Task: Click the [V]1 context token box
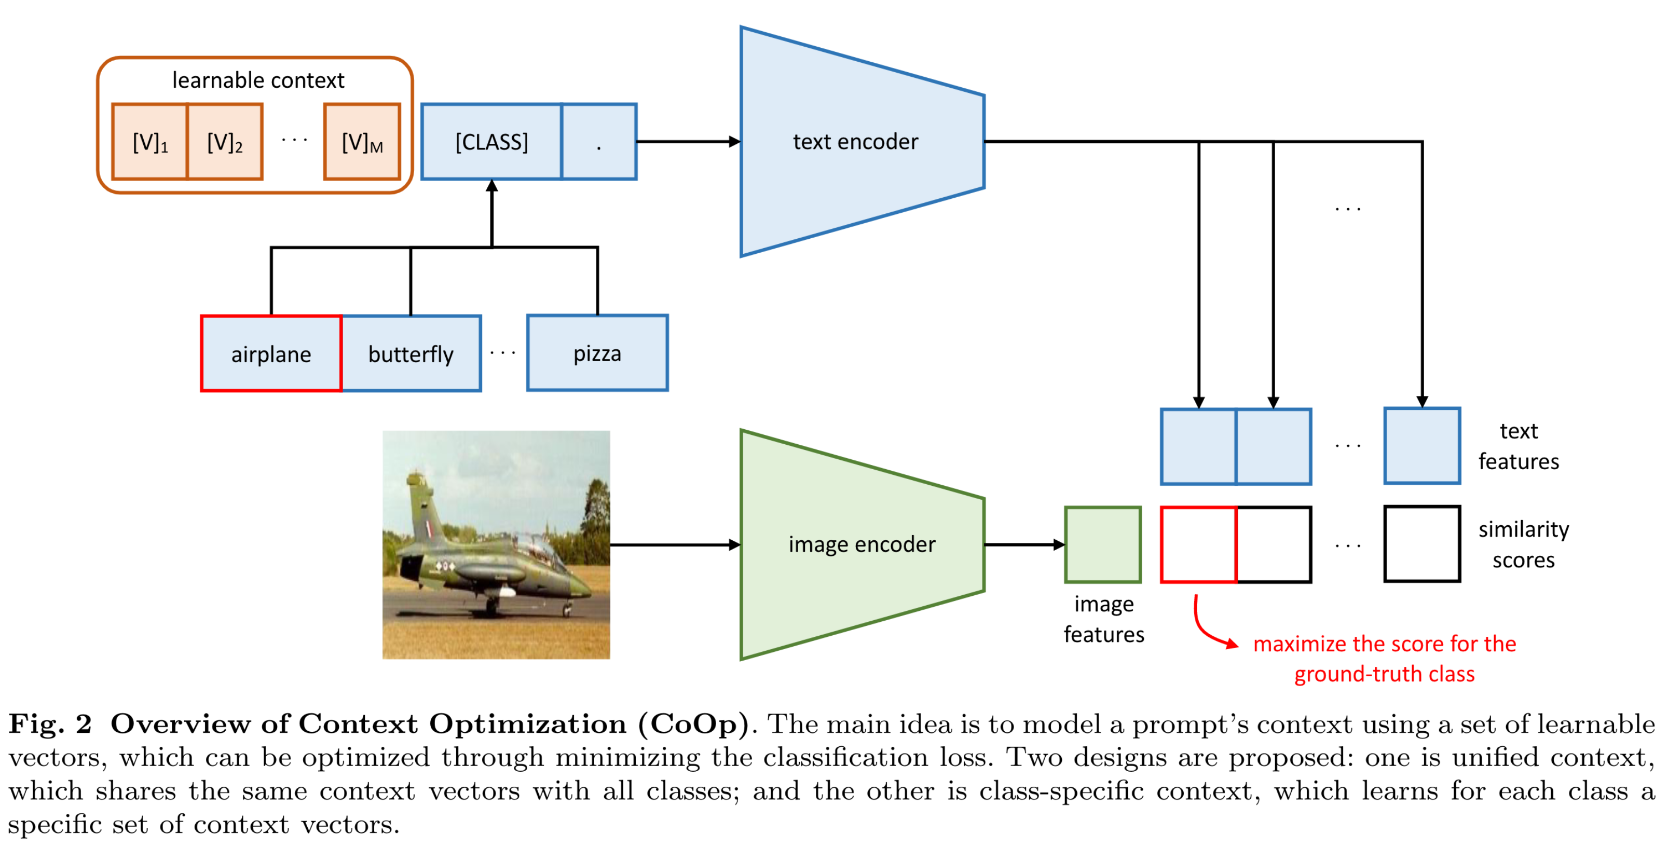click(149, 141)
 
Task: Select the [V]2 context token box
click(225, 141)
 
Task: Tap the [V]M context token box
click(362, 141)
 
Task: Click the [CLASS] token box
click(491, 141)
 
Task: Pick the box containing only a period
click(599, 141)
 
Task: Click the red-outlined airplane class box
click(271, 353)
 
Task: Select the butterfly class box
click(411, 353)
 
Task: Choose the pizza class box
click(597, 353)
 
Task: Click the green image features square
click(1103, 544)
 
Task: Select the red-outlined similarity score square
click(1198, 544)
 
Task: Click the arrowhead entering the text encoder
click(734, 141)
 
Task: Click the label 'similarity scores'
click(1523, 544)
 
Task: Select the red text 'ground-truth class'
click(1385, 674)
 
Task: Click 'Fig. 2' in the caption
click(50, 724)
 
